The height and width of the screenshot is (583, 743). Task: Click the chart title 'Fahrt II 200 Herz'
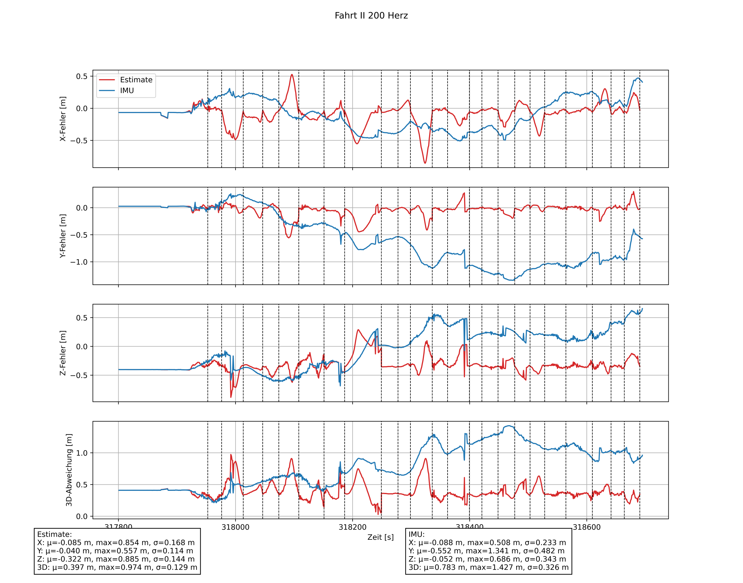371,16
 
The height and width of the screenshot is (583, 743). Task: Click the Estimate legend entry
136,80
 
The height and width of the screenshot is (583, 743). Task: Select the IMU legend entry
127,91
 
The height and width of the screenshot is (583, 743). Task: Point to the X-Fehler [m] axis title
63,119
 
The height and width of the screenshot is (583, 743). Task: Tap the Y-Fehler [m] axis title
63,236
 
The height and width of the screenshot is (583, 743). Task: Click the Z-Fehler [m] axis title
63,353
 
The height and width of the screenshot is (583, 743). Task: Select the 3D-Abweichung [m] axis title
69,470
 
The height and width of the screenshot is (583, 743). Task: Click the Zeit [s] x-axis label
380,537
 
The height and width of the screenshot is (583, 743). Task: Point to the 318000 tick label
236,527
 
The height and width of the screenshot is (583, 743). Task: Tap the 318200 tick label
352,527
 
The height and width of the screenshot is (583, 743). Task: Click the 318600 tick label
586,527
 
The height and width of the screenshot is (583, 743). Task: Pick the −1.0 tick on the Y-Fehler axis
79,262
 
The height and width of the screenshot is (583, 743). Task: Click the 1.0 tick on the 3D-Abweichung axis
82,453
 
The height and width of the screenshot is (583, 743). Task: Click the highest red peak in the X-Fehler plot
292,75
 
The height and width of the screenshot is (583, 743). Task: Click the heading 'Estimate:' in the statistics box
55,534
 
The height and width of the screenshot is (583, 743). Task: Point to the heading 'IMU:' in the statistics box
417,534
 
